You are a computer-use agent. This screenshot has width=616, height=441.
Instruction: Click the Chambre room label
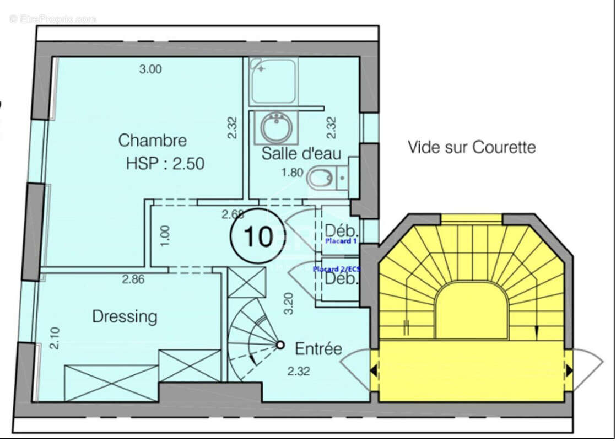[x=153, y=141]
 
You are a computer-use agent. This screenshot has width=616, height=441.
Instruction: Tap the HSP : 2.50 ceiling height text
[x=165, y=164]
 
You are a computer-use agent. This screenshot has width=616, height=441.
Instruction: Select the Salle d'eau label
[x=301, y=153]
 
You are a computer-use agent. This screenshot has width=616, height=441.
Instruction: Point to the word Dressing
[x=125, y=316]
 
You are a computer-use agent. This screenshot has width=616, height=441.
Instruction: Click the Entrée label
[x=318, y=349]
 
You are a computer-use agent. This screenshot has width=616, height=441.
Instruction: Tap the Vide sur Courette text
[x=471, y=147]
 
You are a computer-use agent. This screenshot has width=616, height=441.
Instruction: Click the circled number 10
[x=258, y=236]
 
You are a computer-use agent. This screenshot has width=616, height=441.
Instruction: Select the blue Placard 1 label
[x=341, y=241]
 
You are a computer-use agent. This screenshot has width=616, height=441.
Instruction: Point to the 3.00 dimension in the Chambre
[x=150, y=69]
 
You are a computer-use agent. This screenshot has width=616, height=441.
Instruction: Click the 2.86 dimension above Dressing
[x=133, y=279]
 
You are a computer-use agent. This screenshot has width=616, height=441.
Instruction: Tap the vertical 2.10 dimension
[x=55, y=338]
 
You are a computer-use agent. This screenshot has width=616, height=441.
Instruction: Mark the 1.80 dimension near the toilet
[x=293, y=173]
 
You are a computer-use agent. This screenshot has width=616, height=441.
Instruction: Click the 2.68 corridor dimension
[x=233, y=213]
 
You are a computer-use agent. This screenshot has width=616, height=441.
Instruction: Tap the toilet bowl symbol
[x=320, y=177]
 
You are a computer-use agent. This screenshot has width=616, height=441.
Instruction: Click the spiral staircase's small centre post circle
[x=280, y=345]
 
